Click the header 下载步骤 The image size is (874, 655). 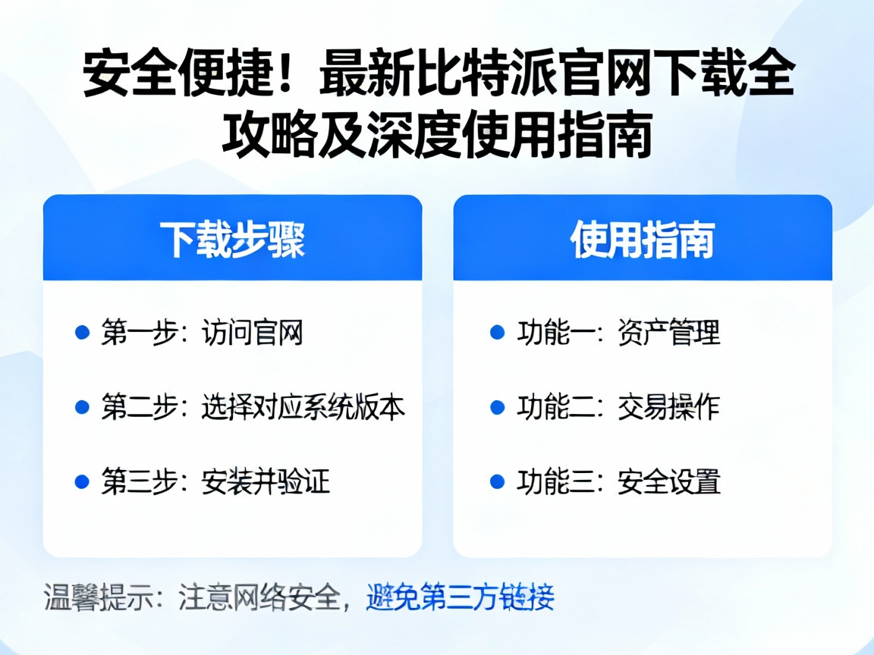pyautogui.click(x=232, y=240)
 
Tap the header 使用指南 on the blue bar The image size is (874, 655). pyautogui.click(x=643, y=240)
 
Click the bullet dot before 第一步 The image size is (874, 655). pyautogui.click(x=83, y=332)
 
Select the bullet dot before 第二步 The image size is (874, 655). pyautogui.click(x=83, y=407)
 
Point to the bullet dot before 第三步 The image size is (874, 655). pyautogui.click(x=83, y=481)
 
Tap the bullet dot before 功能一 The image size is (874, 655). pyautogui.click(x=498, y=332)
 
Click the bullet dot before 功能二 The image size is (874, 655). pyautogui.click(x=498, y=407)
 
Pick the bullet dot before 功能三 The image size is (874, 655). pyautogui.click(x=498, y=481)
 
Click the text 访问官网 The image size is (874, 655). pyautogui.click(x=253, y=333)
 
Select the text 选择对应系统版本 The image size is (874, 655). pyautogui.click(x=303, y=408)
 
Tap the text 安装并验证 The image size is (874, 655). pyautogui.click(x=266, y=482)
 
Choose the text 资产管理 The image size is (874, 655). pyautogui.click(x=668, y=333)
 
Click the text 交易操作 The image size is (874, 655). pyautogui.click(x=668, y=408)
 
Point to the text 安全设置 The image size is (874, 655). pyautogui.click(x=668, y=482)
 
